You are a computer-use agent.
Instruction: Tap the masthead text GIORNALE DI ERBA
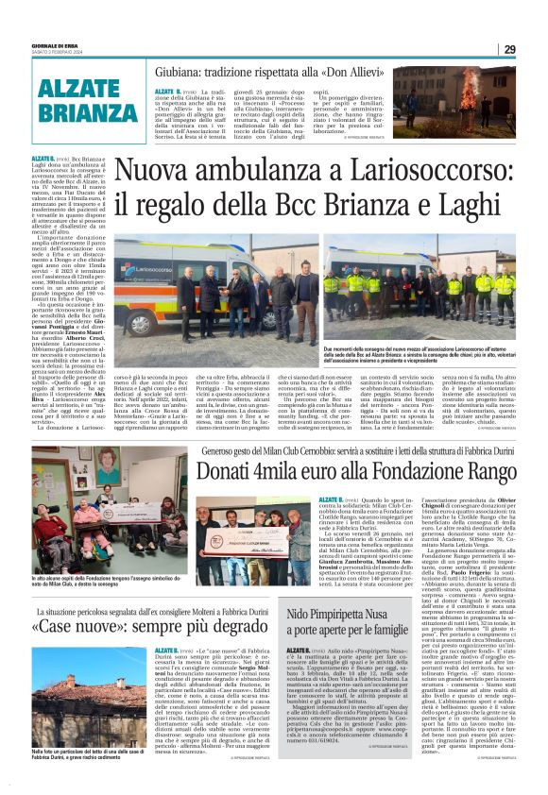pos(49,45)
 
